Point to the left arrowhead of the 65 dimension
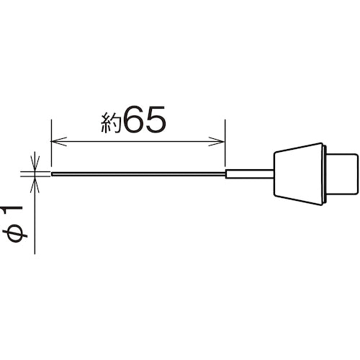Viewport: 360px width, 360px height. click(59, 142)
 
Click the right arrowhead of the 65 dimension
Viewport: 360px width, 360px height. click(217, 142)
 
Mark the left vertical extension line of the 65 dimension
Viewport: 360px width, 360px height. click(51, 143)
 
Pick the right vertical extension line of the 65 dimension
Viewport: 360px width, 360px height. click(225, 143)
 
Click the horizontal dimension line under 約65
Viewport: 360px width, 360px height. click(138, 142)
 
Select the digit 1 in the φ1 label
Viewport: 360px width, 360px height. click(12, 210)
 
